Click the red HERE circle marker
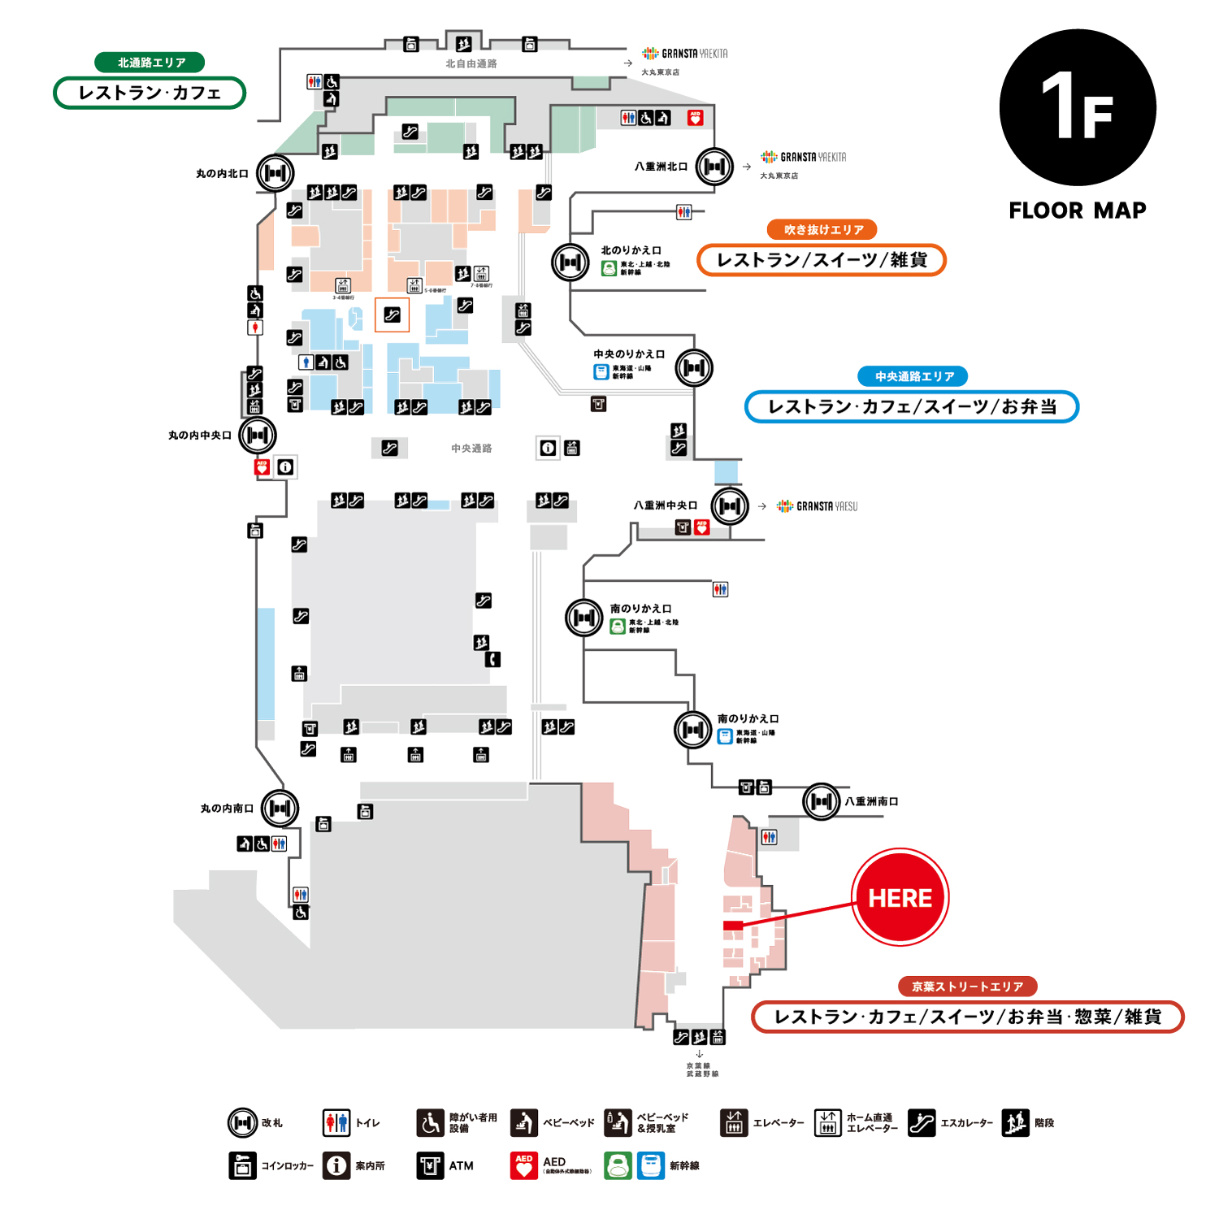[900, 897]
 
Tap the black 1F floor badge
[1078, 107]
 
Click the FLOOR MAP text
[1078, 210]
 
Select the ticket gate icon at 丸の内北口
[275, 173]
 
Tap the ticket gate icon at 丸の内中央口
[258, 435]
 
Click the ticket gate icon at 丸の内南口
[280, 808]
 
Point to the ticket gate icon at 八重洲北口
[714, 167]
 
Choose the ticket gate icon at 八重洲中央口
[730, 506]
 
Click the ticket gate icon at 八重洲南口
[821, 802]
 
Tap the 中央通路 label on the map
[471, 449]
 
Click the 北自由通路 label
[471, 63]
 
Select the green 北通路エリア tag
[150, 63]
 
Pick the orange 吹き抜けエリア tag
[822, 230]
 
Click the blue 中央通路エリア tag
[913, 376]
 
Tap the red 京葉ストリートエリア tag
[967, 987]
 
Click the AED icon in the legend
[524, 1165]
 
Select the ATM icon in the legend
[430, 1165]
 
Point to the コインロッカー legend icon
[242, 1165]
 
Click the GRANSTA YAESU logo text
[826, 506]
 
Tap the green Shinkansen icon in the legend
[618, 1165]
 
